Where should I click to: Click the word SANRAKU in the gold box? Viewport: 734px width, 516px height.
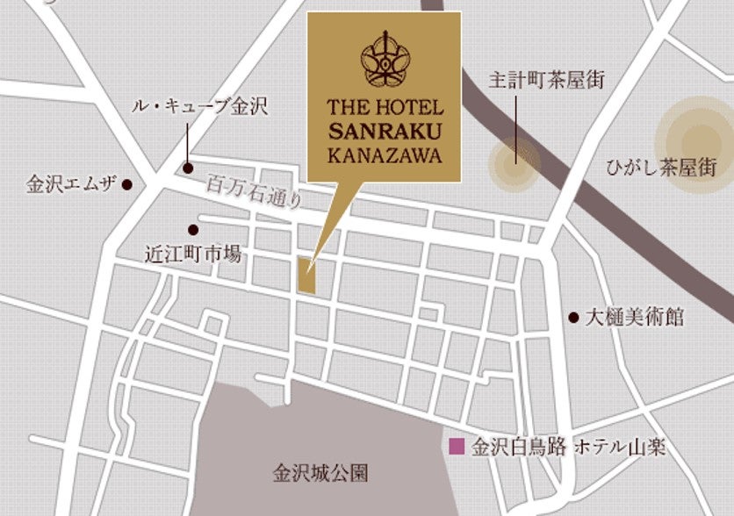pos(385,133)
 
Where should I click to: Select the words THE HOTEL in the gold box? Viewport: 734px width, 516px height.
pos(385,110)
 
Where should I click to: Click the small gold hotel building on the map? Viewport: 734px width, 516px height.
pos(306,276)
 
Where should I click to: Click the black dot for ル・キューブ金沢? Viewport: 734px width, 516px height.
pos(188,168)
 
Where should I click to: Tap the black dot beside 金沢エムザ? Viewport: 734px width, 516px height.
pos(127,185)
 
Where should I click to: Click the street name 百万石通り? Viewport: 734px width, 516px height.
pos(255,192)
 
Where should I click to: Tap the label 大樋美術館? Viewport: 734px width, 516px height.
pos(634,317)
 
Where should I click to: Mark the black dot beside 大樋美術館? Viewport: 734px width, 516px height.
pos(573,317)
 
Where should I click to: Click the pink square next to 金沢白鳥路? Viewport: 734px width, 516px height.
pos(456,447)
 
